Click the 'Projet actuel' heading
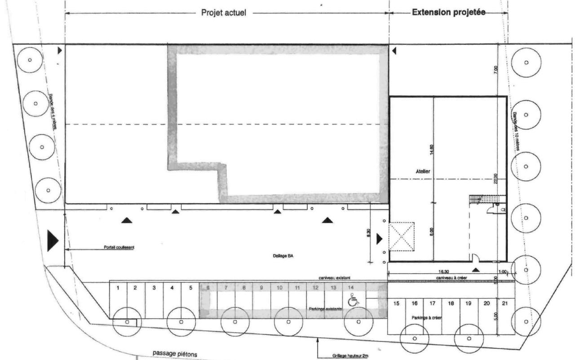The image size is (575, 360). (223, 13)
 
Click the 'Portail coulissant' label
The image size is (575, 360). (119, 247)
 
